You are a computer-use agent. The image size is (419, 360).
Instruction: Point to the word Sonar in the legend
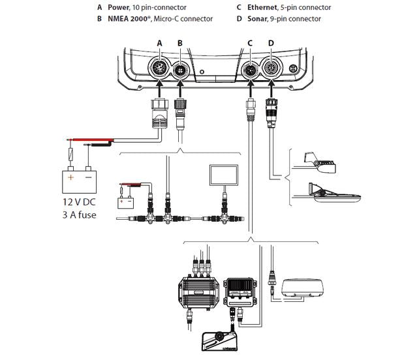click(x=257, y=19)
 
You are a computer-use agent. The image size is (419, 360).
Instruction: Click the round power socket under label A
click(x=159, y=68)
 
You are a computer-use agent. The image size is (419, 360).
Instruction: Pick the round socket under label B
click(x=180, y=69)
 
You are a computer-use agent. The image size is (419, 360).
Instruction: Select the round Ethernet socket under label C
click(x=250, y=69)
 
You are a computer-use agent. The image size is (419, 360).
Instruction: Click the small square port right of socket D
click(x=294, y=68)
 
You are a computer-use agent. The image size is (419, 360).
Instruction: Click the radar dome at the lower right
click(x=304, y=287)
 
